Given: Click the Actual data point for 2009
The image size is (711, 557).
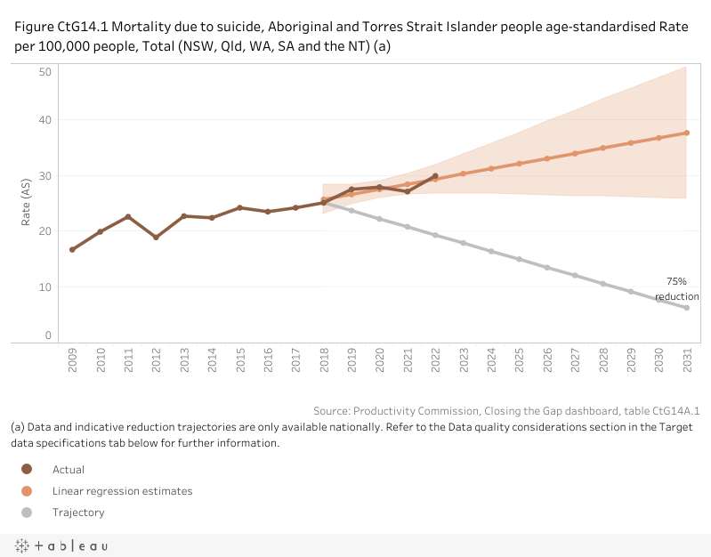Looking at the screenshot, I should point(72,249).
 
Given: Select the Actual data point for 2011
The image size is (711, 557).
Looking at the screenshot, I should point(128,217).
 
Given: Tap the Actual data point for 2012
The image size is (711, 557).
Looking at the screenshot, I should point(156,238).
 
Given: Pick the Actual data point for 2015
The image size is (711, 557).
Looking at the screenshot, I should point(240,207).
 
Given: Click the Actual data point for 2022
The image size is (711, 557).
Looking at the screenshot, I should point(435,176).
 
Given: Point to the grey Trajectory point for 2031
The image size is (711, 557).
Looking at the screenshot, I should point(686,308).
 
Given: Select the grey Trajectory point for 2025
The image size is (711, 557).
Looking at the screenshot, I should point(519,259).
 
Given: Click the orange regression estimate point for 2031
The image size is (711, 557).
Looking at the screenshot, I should point(686,133).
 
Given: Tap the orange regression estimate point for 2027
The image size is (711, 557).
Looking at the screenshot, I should point(575,153).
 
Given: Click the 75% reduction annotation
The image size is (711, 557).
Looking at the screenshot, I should point(677,289).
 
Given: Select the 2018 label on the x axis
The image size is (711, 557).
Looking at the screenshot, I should point(324,359).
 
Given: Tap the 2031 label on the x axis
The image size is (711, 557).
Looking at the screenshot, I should point(686,359).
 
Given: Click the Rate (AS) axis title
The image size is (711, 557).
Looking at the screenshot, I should point(27,203).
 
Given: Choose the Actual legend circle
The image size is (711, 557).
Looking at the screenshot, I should point(27,469).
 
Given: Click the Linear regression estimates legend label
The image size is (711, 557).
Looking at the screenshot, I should point(122,491).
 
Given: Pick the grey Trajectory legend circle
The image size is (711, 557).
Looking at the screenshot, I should point(27,513).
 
